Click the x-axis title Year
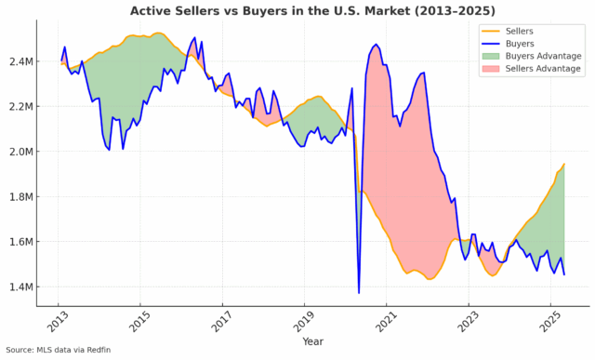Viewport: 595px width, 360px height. pyautogui.click(x=312, y=340)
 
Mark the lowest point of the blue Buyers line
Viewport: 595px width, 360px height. pyautogui.click(x=359, y=293)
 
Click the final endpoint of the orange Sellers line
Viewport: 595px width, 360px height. pyautogui.click(x=564, y=165)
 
